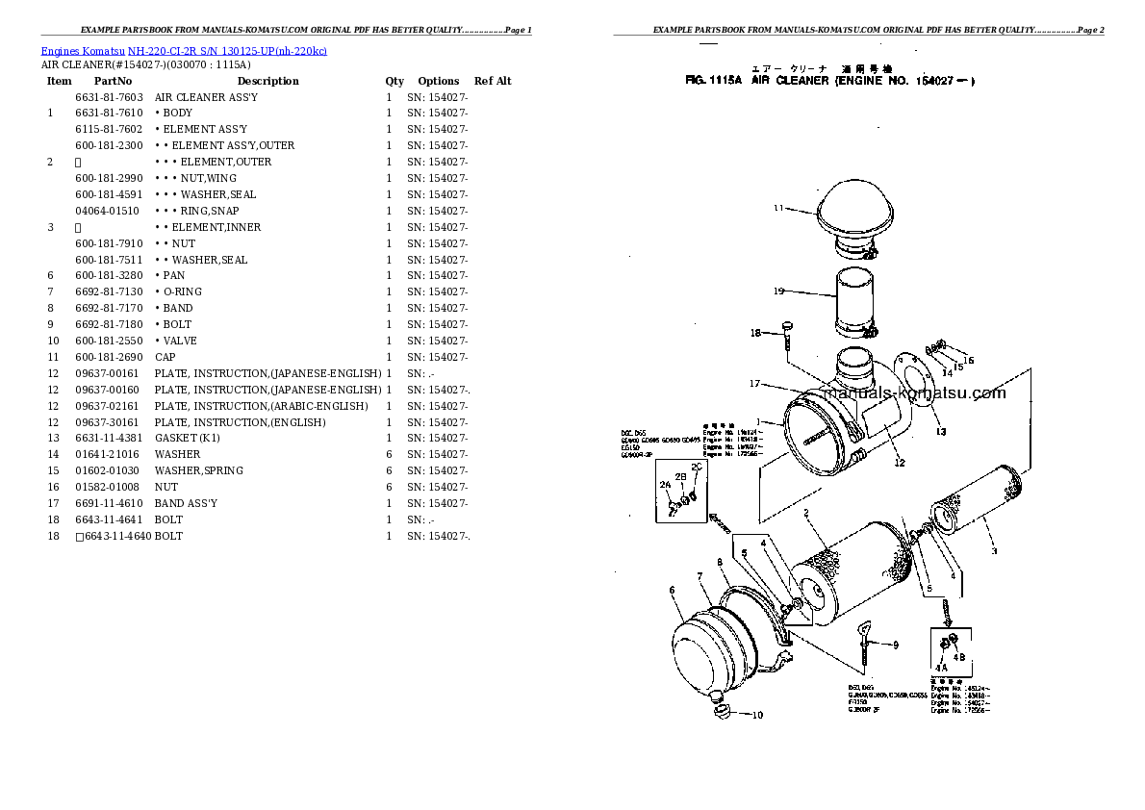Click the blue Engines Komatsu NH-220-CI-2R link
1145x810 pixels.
tap(184, 51)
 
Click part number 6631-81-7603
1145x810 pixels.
tap(109, 97)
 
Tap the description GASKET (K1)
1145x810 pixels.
tap(188, 439)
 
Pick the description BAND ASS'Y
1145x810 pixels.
tap(186, 503)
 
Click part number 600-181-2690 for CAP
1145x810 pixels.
tap(109, 357)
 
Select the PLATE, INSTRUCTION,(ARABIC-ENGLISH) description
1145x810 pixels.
tap(261, 406)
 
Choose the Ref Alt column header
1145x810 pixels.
tap(493, 82)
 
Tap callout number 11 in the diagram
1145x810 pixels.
tap(778, 207)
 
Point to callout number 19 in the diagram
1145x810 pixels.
tap(778, 291)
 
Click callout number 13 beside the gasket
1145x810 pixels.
tap(940, 431)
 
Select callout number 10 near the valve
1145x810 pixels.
tap(757, 715)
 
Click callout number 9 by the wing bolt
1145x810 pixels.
tap(895, 645)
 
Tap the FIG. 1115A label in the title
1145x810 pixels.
tap(713, 82)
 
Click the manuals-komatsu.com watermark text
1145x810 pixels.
tap(914, 392)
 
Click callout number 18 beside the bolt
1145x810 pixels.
tap(755, 333)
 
